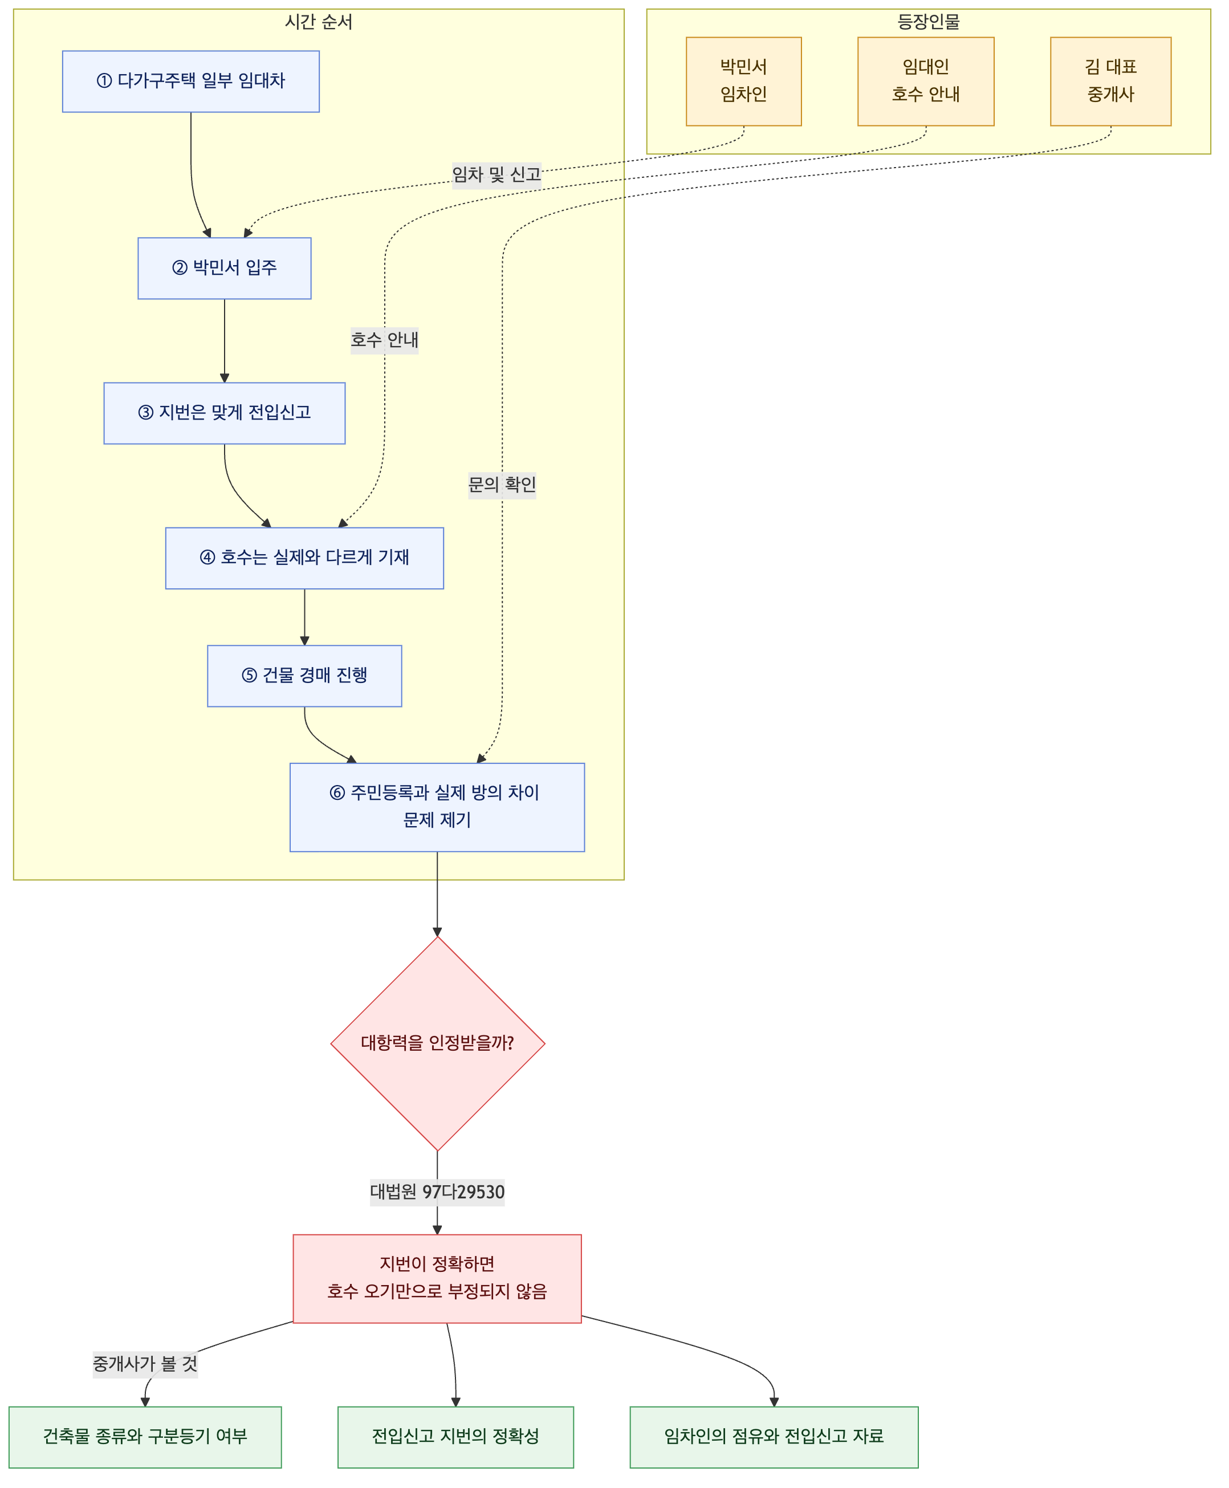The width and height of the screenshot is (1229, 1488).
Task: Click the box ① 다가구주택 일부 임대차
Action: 190,82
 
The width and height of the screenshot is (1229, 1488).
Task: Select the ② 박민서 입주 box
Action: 225,269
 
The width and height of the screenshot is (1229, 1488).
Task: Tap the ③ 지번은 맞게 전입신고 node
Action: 225,413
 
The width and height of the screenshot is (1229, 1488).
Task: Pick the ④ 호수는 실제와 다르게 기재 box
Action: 304,558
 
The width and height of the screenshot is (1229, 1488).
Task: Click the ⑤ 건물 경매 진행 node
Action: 304,676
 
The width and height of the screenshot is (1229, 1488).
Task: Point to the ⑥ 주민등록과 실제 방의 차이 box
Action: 437,807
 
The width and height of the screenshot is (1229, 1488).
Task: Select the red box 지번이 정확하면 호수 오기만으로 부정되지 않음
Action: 437,1278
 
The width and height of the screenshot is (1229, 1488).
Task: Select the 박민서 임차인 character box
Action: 743,82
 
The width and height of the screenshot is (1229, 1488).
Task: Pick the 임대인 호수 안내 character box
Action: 925,82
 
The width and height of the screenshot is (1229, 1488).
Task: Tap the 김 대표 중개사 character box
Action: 1110,82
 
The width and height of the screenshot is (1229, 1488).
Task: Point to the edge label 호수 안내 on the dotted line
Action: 384,340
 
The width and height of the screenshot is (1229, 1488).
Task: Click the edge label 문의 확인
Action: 502,485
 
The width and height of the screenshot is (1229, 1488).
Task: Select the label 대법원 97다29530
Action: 437,1192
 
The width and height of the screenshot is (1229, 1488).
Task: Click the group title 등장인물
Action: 928,22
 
